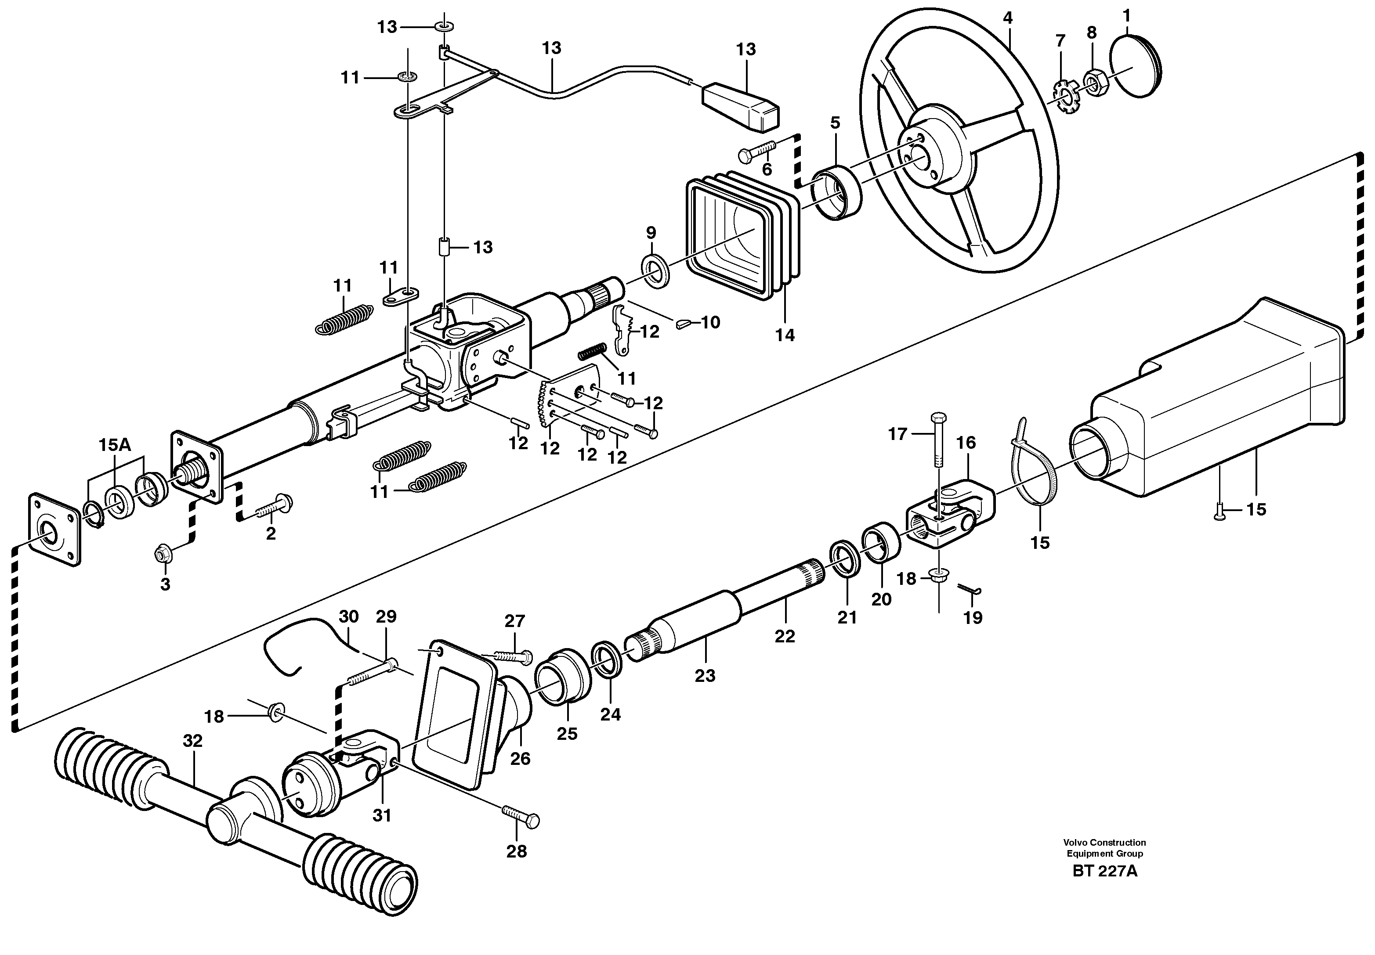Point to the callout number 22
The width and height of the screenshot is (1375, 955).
click(784, 637)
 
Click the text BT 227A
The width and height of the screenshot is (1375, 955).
click(1104, 871)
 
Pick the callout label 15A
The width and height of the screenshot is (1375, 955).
click(114, 445)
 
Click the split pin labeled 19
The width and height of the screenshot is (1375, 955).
click(970, 589)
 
